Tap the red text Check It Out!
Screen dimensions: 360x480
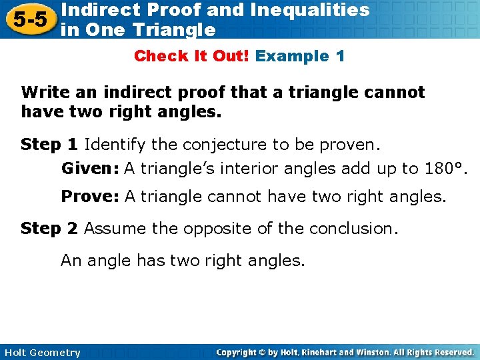point(191,56)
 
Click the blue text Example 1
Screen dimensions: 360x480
point(300,56)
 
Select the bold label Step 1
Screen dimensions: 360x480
point(49,144)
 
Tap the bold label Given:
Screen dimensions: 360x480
point(90,169)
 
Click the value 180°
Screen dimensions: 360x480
point(446,169)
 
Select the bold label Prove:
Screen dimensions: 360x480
point(90,196)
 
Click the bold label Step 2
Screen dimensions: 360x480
point(49,229)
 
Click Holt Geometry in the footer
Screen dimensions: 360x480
point(42,353)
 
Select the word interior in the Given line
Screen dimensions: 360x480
point(253,169)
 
